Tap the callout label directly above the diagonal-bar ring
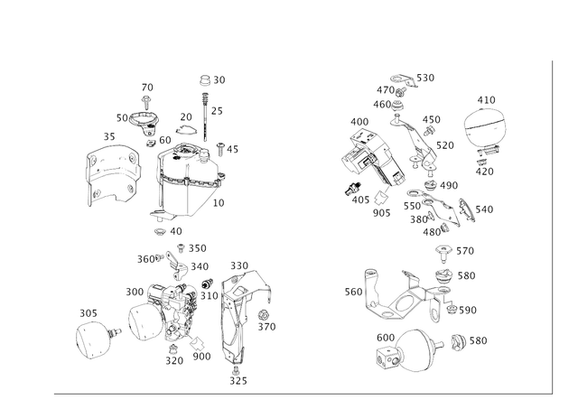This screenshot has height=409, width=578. click(486, 98)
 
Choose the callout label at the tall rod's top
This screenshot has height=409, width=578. click(211, 79)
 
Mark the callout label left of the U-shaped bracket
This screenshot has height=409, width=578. click(352, 292)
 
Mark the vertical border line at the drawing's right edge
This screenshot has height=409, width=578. click(550, 226)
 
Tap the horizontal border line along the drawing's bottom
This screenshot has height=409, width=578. click(298, 393)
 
